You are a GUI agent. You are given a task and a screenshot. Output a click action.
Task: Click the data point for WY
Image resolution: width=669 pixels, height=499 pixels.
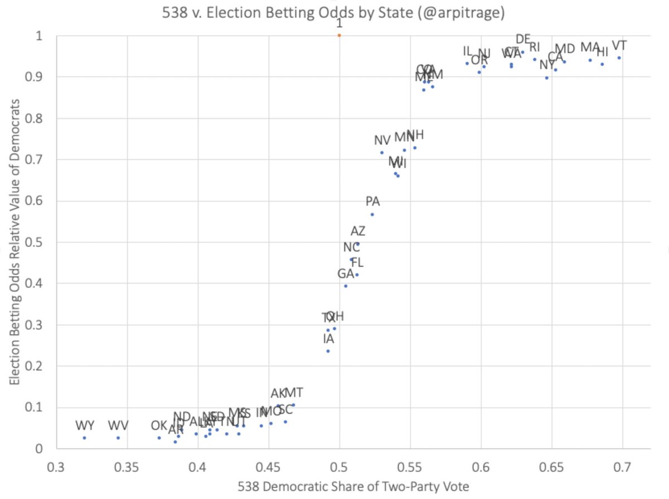(84, 438)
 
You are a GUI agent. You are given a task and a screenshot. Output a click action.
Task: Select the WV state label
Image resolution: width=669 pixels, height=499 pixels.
(118, 426)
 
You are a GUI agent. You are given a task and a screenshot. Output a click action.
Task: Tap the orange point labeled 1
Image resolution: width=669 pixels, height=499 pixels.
(339, 35)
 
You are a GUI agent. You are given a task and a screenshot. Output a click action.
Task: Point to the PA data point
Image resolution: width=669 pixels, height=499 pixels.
(372, 214)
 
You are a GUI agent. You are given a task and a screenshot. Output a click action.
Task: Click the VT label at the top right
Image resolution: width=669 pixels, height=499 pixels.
(619, 46)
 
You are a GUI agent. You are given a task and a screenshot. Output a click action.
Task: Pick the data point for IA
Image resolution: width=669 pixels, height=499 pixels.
(328, 351)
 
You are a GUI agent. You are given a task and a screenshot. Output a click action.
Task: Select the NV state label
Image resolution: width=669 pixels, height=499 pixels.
(382, 140)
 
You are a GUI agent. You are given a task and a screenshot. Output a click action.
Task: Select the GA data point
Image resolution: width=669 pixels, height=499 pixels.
(346, 286)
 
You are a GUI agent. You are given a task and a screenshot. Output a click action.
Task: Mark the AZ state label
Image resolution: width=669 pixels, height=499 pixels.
(358, 231)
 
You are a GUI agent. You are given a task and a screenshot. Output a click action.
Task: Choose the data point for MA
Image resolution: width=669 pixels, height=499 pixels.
(590, 60)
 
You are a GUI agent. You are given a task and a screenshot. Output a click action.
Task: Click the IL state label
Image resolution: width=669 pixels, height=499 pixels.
(467, 52)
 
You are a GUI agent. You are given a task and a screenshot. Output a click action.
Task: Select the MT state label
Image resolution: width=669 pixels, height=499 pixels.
(294, 393)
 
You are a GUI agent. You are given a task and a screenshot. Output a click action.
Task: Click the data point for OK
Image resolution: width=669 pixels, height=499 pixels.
(159, 438)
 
